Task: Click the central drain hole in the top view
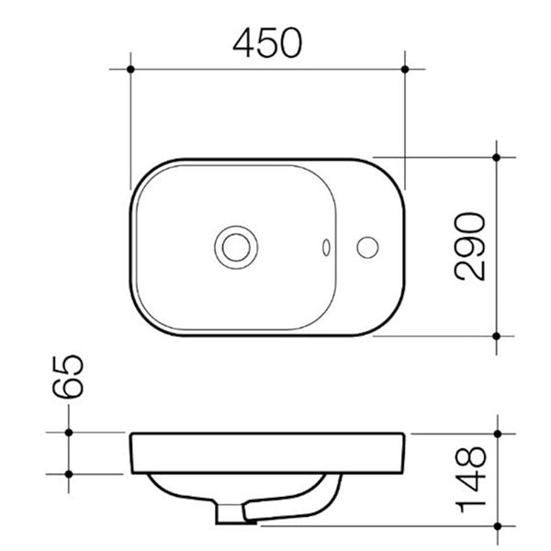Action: [x=230, y=245]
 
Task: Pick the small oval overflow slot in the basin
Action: [x=327, y=246]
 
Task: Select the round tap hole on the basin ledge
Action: [x=367, y=245]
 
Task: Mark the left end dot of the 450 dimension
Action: [x=132, y=69]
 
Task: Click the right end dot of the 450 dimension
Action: [x=405, y=69]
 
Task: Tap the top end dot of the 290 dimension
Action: [x=497, y=157]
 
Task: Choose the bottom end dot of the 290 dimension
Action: [x=497, y=337]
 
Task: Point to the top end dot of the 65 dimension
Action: [x=69, y=432]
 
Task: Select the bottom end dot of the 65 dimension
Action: [x=69, y=474]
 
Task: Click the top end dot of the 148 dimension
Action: [x=497, y=432]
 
